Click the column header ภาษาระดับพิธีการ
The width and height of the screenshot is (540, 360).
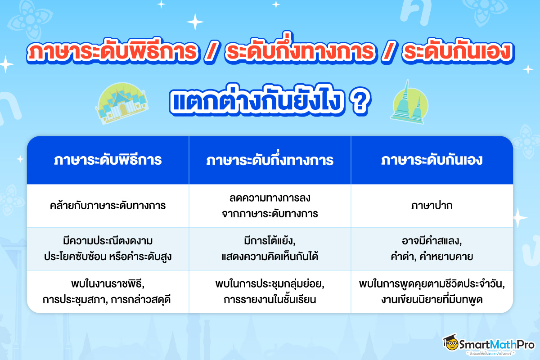pos(108,160)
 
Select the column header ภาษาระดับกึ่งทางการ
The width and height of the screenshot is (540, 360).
pos(270,160)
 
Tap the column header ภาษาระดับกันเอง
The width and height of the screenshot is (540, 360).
pos(432,160)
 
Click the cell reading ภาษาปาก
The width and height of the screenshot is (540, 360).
pos(432,206)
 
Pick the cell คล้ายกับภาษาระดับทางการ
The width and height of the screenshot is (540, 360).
pos(108,206)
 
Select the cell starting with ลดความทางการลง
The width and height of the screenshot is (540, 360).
pos(270,206)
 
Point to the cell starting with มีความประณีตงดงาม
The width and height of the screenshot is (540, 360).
pos(108,248)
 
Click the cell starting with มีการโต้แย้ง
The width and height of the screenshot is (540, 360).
pos(270,248)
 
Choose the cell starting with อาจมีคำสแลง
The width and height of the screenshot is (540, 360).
pos(432,248)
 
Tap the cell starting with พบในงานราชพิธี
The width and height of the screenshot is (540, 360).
pos(108,292)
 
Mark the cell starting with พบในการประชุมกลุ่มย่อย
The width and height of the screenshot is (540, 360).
pos(270,292)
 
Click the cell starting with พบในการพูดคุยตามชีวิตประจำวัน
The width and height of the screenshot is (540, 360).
pos(432,292)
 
